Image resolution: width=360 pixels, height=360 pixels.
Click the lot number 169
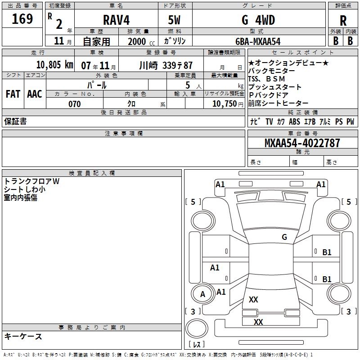coord(22,19)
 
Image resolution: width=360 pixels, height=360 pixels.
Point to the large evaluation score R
coord(343,21)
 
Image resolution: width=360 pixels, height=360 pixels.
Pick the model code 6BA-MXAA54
coord(258,41)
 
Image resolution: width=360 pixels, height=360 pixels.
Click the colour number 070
coord(74,104)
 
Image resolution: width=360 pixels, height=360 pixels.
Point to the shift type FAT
coord(13,94)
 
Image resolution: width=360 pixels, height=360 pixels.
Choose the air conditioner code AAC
coord(35,94)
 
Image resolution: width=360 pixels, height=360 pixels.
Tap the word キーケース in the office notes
coord(23,337)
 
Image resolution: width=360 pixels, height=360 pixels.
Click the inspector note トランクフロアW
coord(31,181)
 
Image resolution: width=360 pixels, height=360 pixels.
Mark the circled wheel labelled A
coord(202,294)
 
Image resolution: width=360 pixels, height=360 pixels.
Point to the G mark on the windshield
coord(284,237)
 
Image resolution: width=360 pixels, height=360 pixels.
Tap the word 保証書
coord(15,121)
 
